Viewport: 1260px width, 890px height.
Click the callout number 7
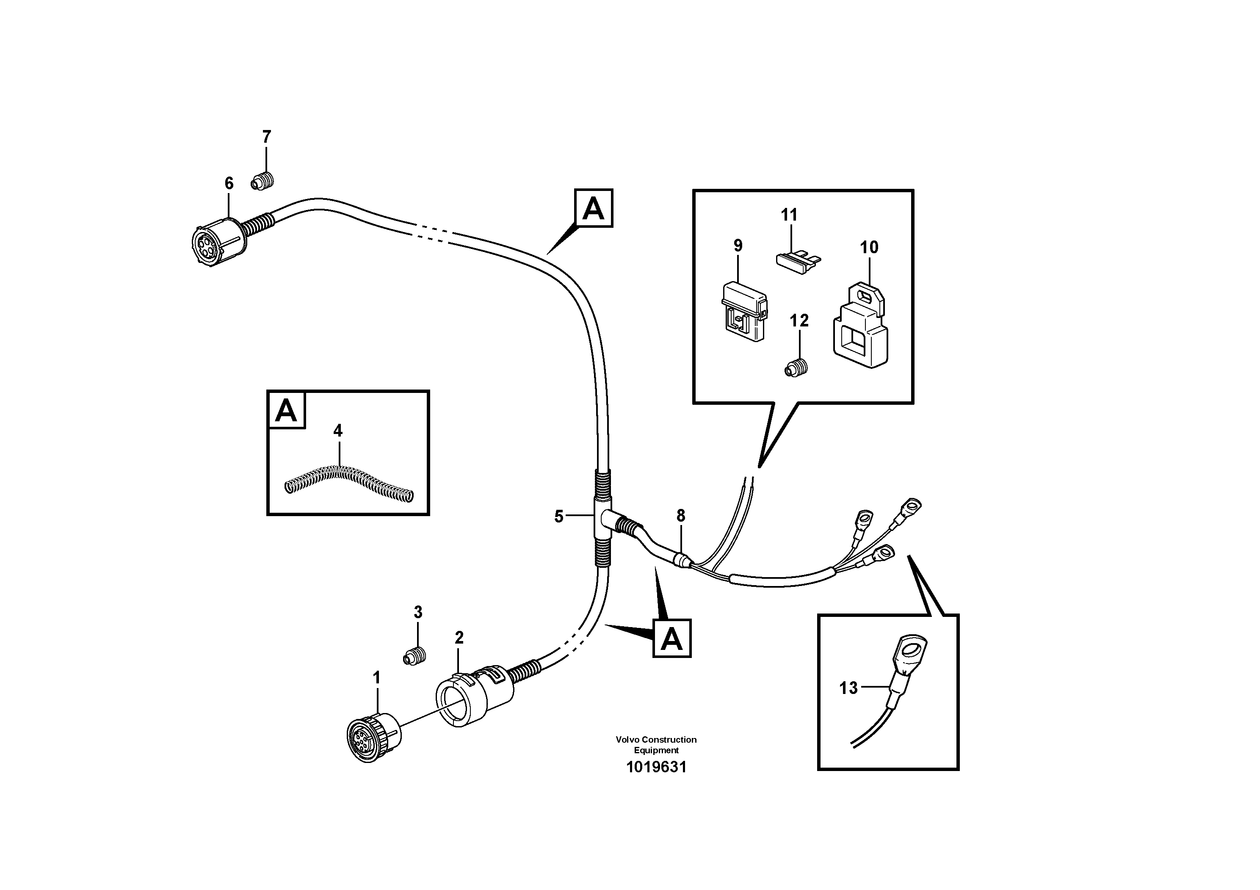tap(266, 137)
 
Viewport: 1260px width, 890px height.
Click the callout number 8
tap(680, 515)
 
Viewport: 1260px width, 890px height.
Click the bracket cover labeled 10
tap(860, 327)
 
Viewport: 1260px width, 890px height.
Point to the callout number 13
tap(848, 688)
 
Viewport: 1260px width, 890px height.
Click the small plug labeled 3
tap(416, 656)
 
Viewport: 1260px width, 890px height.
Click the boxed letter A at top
tap(593, 208)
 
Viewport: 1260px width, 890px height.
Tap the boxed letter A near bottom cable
tap(672, 638)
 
